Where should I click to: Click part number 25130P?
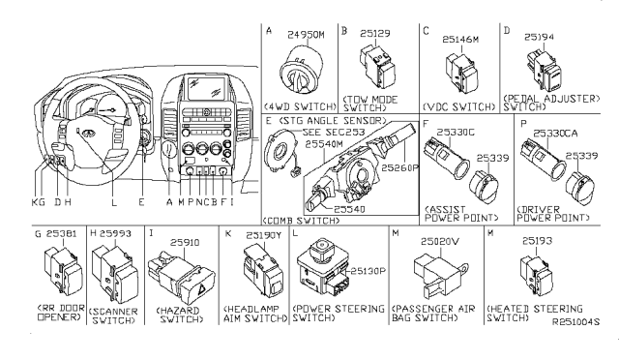[x=366, y=270]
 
